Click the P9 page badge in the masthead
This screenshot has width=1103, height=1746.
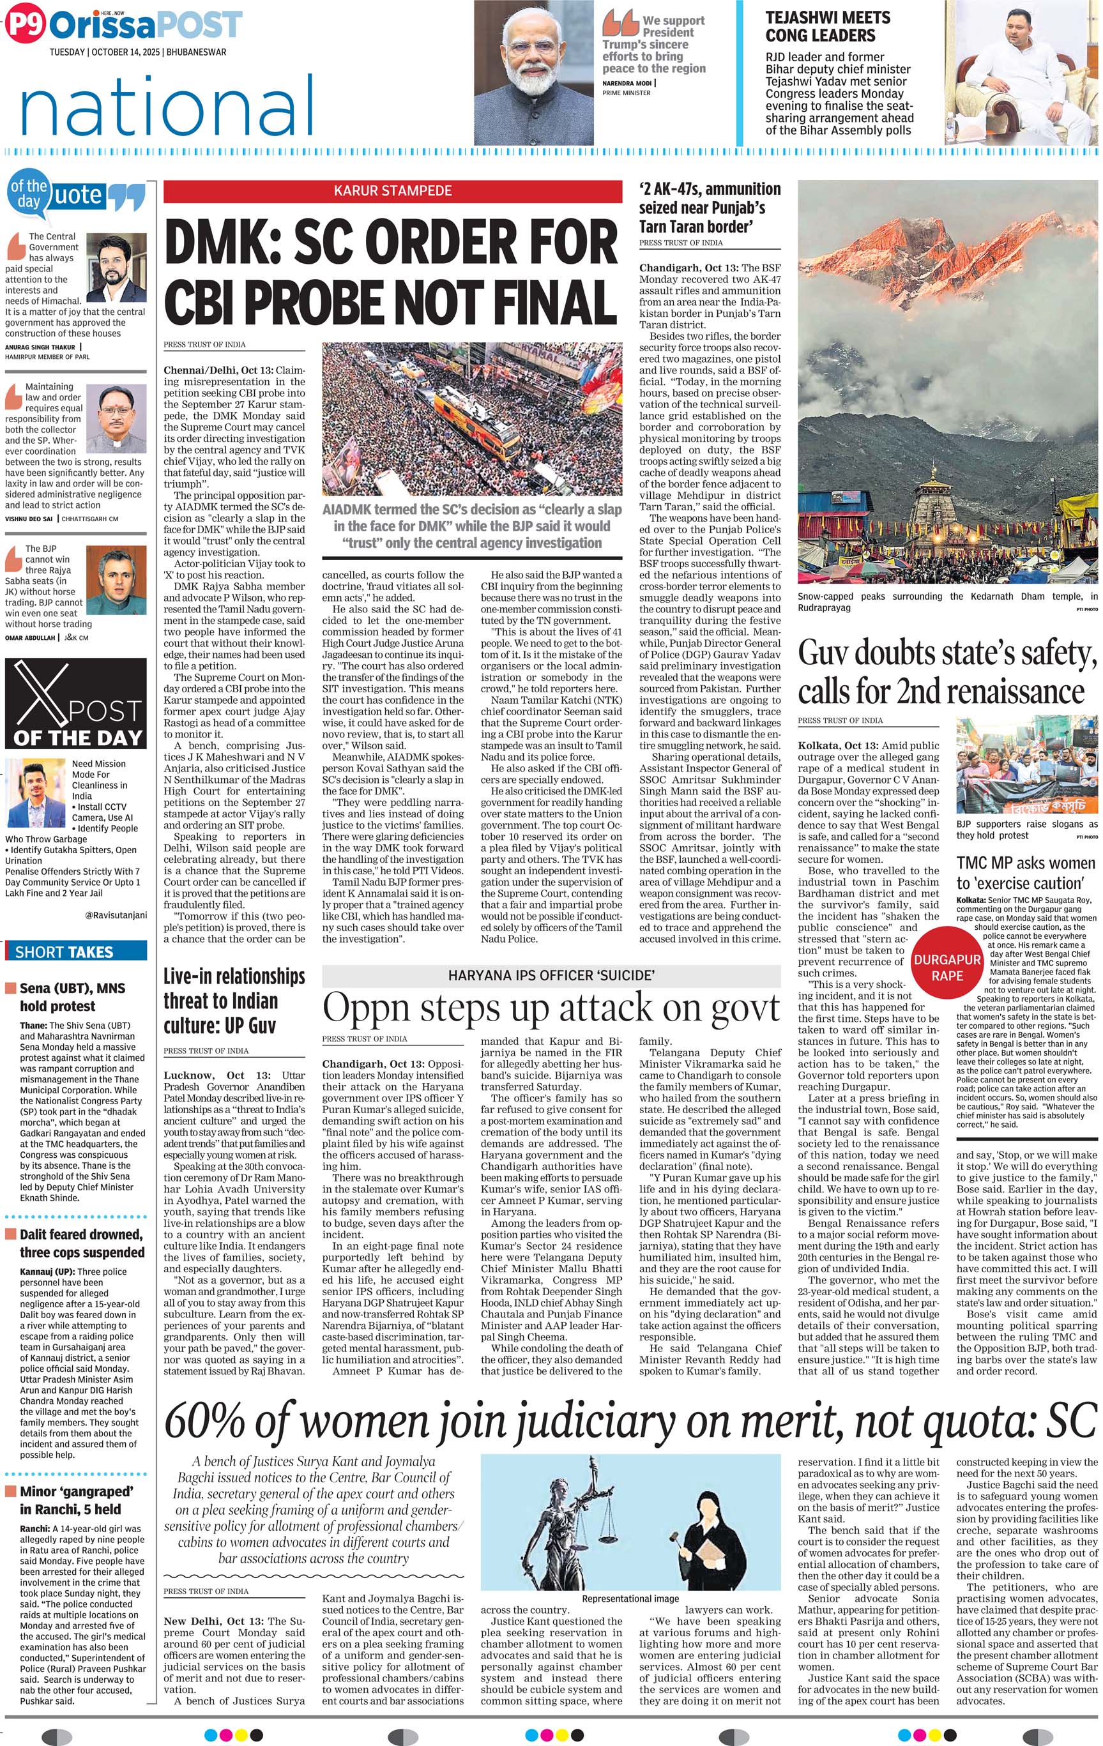click(26, 26)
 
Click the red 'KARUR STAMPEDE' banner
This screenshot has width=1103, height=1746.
click(392, 191)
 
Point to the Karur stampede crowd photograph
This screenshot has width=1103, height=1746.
click(471, 419)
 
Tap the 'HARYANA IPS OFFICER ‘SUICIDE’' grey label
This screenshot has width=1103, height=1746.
click(551, 975)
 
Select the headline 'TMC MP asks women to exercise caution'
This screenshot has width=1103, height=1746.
click(1026, 873)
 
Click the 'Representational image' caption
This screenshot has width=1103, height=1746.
click(630, 1598)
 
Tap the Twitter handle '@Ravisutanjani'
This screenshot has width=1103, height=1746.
click(116, 915)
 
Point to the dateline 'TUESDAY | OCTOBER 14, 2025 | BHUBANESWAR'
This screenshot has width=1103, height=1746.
click(138, 52)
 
